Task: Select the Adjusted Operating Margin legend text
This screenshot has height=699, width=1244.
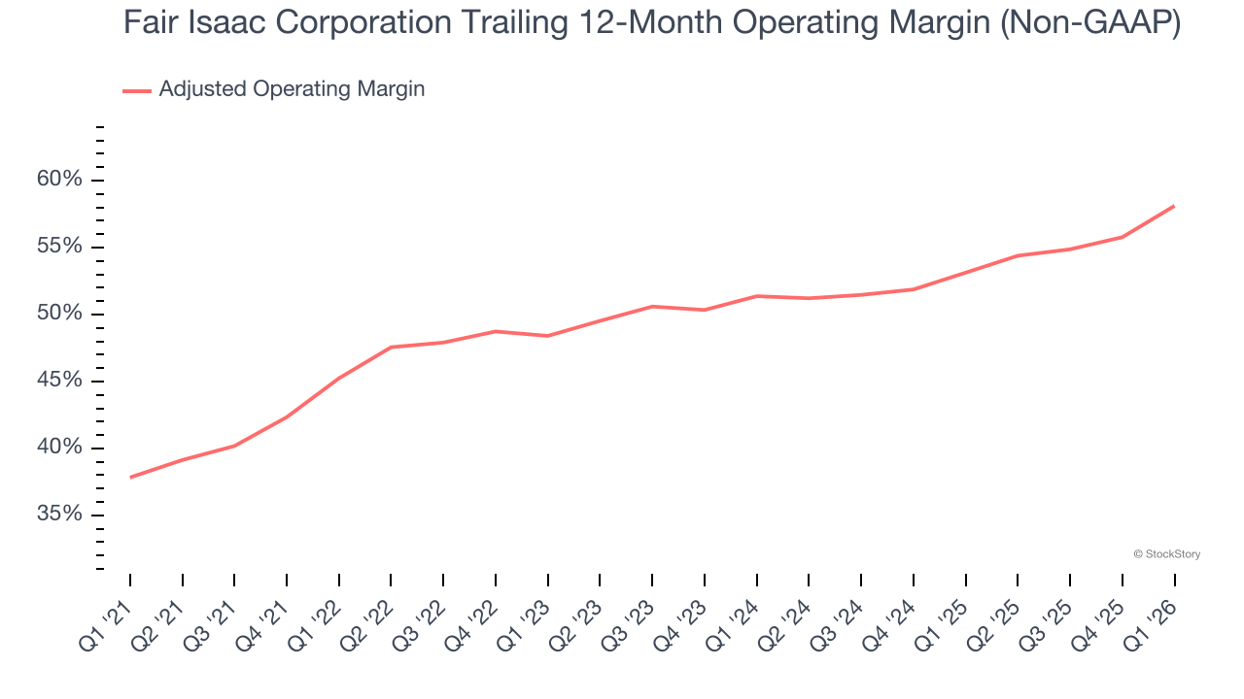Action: tap(292, 89)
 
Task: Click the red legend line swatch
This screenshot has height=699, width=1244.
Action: tap(137, 90)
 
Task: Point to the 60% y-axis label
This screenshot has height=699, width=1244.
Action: tap(59, 180)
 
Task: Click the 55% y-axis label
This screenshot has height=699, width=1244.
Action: tap(59, 247)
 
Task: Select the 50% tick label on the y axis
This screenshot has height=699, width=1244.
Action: tap(59, 314)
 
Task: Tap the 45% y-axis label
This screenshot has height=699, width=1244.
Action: tap(59, 381)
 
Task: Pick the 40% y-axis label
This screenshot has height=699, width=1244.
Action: tap(59, 448)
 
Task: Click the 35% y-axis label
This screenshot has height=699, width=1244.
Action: tap(59, 515)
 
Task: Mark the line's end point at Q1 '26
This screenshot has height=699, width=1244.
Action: tap(1174, 206)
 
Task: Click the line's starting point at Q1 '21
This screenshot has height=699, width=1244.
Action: tap(130, 477)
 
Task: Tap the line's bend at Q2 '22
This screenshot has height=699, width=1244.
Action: tap(391, 347)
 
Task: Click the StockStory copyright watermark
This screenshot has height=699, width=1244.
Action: tap(1166, 554)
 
